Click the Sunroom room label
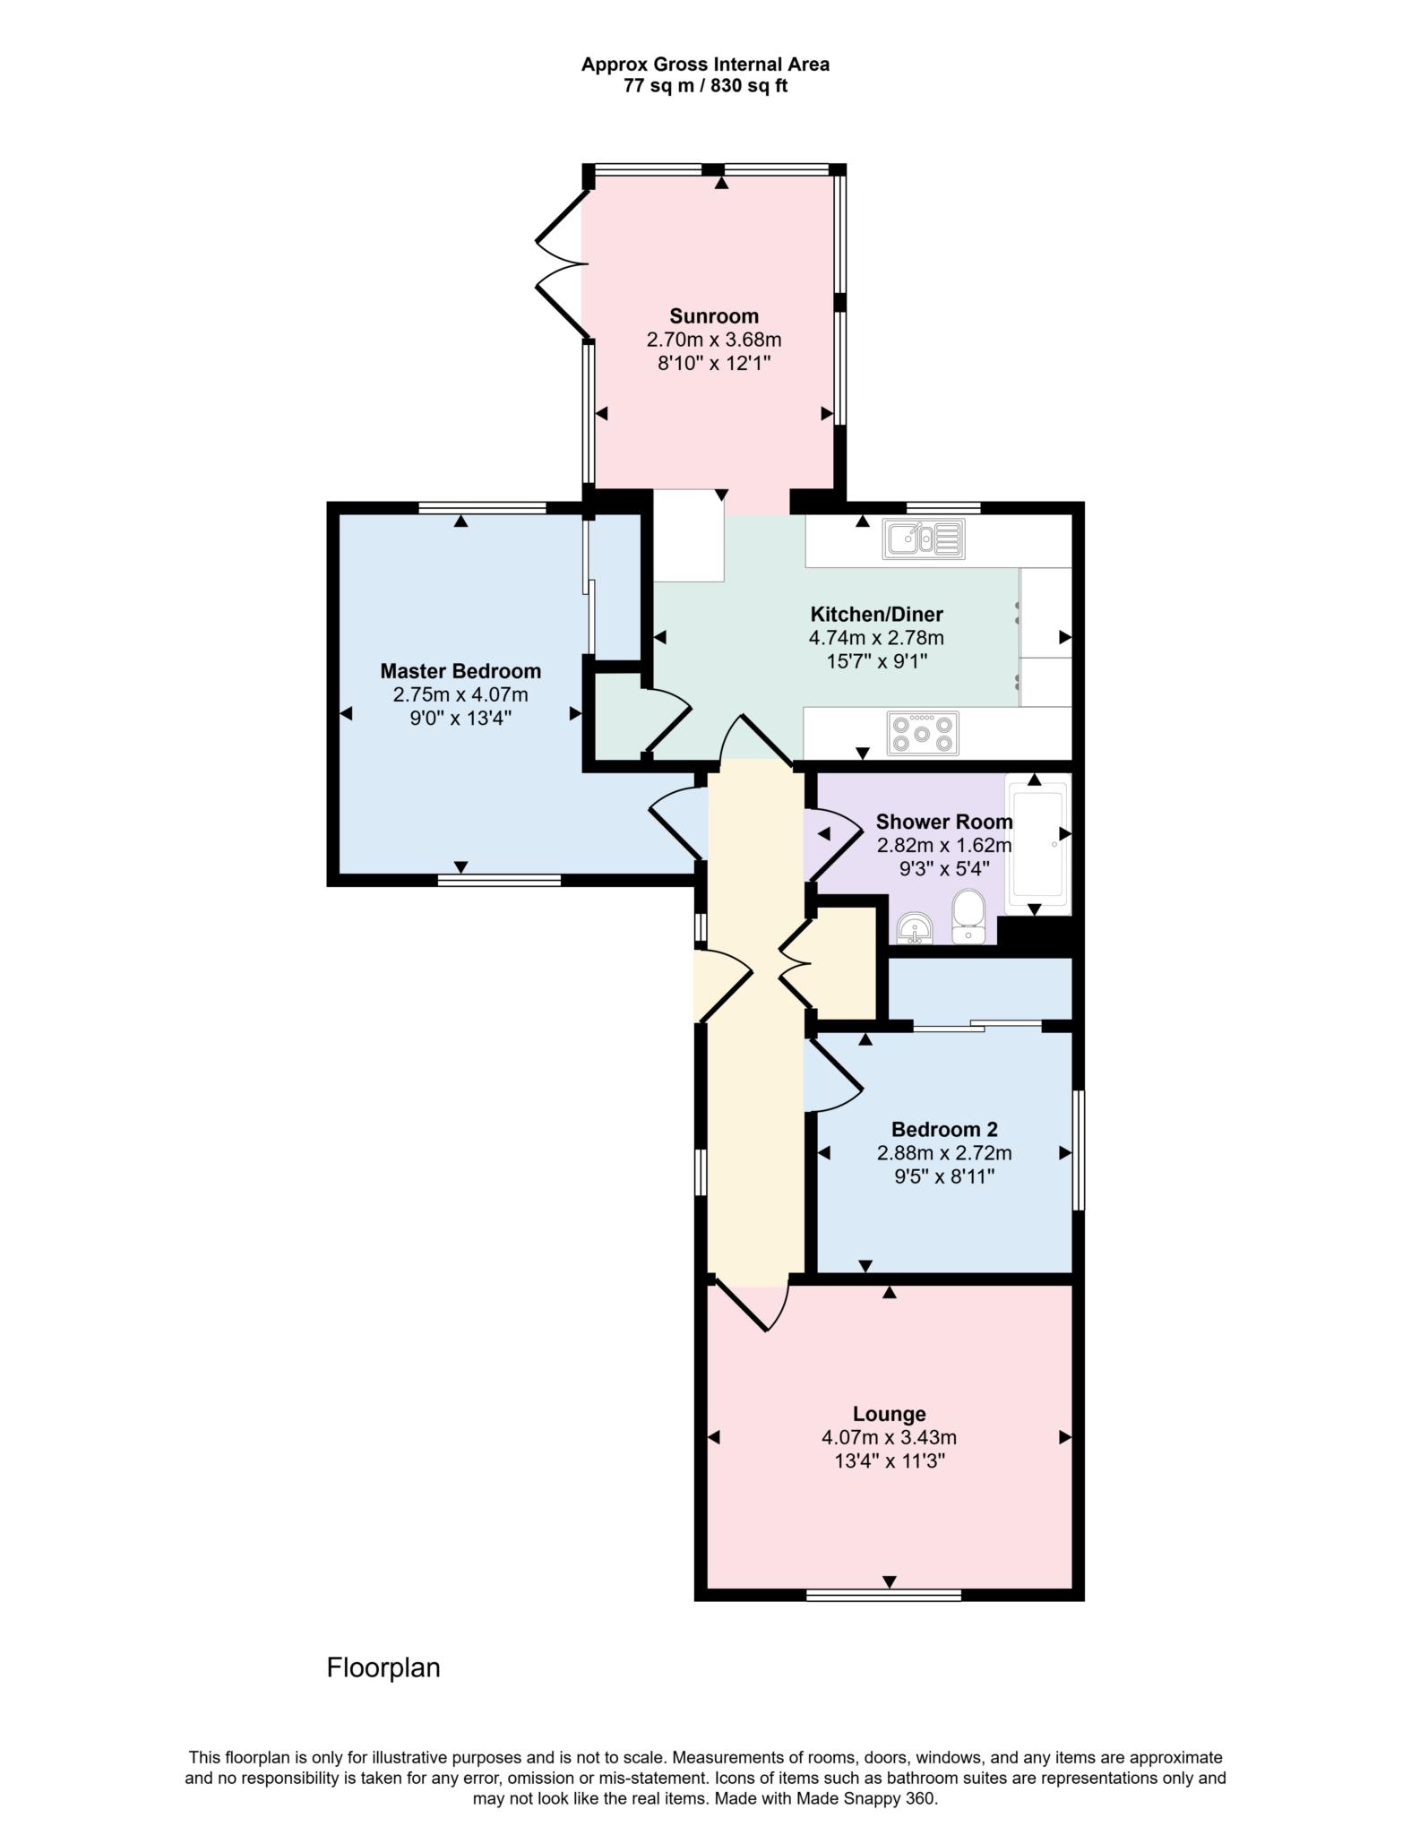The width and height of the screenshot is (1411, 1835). pos(713,316)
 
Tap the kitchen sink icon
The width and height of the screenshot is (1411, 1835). pos(923,538)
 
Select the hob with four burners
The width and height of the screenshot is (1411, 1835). pos(923,733)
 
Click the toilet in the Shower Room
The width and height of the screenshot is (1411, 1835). pos(968,916)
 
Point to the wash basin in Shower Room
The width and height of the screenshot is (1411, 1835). pos(915,929)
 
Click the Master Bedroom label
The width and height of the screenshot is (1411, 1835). pos(460,671)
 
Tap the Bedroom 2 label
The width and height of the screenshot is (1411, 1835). pos(943,1129)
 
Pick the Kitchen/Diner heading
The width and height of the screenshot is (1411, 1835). pos(876,615)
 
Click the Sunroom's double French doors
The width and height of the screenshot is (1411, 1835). pos(562,264)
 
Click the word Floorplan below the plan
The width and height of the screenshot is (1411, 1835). pos(383,1667)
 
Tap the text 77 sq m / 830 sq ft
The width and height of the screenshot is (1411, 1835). pos(705,87)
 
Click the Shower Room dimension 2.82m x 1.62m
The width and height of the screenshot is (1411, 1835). pos(943,845)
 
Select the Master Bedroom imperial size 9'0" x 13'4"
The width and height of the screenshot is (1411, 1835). pos(460,718)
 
